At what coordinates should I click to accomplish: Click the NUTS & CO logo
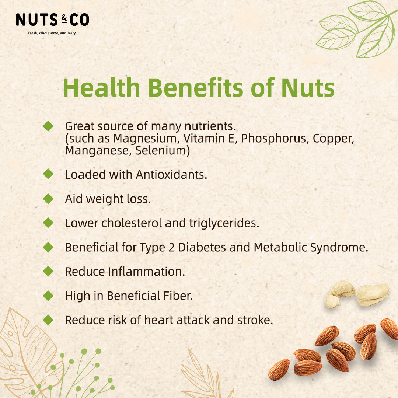coord(52,20)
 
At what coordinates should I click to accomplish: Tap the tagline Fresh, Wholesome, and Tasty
coord(52,33)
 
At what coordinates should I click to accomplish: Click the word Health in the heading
coord(102,88)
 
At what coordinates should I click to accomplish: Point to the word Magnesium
coord(145,139)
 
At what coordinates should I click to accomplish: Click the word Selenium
coord(163,150)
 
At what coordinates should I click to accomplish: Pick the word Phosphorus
coord(275,139)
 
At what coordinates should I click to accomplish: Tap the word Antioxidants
coord(172,175)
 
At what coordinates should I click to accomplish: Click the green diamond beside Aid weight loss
coord(48,199)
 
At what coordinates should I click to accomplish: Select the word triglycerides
coord(224,223)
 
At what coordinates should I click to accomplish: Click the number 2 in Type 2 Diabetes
coord(171,248)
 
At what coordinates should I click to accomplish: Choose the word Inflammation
coord(146,272)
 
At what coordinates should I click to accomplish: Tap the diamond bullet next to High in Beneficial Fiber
coord(48,296)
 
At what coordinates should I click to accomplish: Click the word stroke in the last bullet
coord(255,320)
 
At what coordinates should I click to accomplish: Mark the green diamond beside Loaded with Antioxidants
coord(48,174)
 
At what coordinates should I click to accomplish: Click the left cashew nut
coord(339,294)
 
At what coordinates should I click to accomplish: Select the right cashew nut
coord(373,294)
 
